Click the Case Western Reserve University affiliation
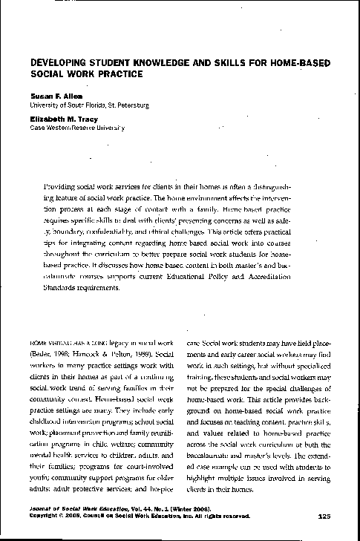click(x=77, y=128)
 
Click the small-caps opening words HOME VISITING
click(x=53, y=345)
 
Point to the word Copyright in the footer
click(x=45, y=516)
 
